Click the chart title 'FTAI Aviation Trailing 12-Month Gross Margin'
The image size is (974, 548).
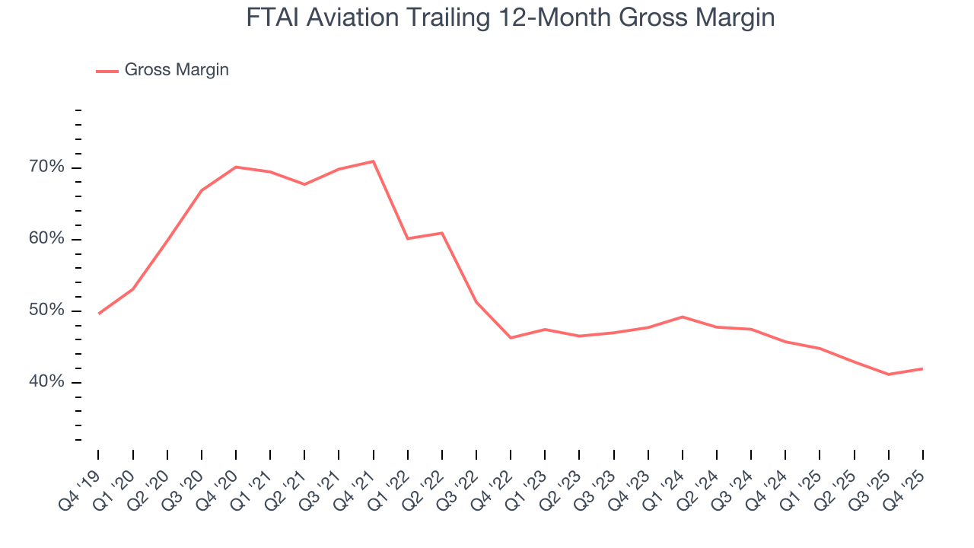pyautogui.click(x=510, y=17)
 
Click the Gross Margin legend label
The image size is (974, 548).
pyautogui.click(x=177, y=70)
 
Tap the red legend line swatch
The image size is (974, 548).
pyautogui.click(x=107, y=71)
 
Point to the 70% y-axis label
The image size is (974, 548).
pyautogui.click(x=47, y=167)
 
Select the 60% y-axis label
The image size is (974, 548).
pyautogui.click(x=47, y=239)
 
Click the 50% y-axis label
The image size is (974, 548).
pyautogui.click(x=47, y=311)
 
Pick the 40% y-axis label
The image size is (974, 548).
pyautogui.click(x=47, y=382)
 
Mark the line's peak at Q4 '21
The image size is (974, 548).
pyautogui.click(x=373, y=161)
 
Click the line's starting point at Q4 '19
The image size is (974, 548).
pyautogui.click(x=99, y=314)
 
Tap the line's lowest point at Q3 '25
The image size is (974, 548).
pyautogui.click(x=888, y=374)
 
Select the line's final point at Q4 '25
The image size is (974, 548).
pyautogui.click(x=922, y=368)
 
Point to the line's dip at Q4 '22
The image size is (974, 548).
pyautogui.click(x=511, y=338)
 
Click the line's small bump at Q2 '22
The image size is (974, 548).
pyautogui.click(x=442, y=233)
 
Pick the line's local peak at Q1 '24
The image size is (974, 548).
pyautogui.click(x=682, y=317)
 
